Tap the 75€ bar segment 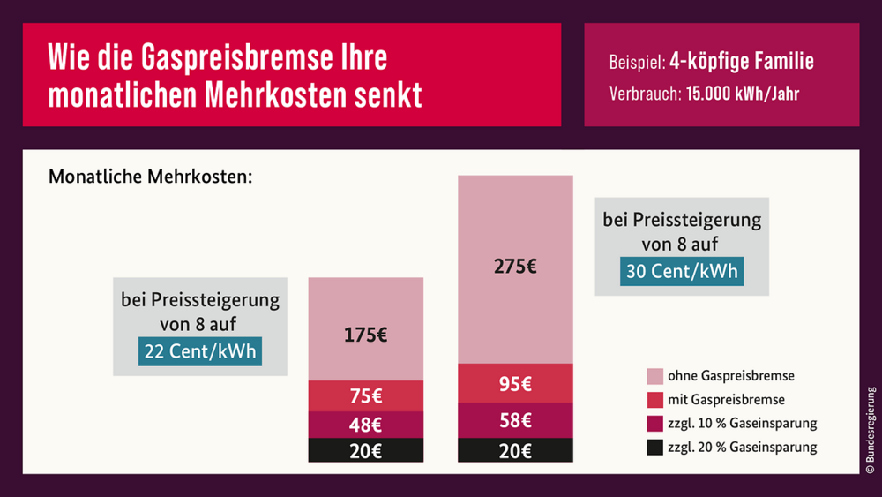tap(365, 395)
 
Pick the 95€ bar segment tap(515, 383)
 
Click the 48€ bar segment tap(365, 424)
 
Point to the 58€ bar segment tap(515, 420)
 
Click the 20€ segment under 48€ tap(365, 450)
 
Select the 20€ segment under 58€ tap(515, 450)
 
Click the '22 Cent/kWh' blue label tap(199, 351)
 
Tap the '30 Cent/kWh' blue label tap(681, 271)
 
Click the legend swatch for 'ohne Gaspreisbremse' tap(654, 376)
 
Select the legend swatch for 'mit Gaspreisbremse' tap(654, 400)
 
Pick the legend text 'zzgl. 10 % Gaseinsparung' tap(742, 424)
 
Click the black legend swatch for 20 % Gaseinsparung tap(654, 448)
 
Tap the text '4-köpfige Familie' tap(742, 63)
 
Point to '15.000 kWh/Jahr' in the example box tap(742, 94)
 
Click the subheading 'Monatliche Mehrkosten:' tap(151, 177)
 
